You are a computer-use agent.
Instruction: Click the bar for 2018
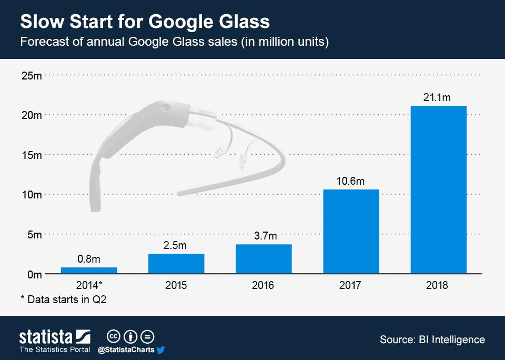pyautogui.click(x=438, y=189)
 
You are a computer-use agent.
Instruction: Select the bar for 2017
pyautogui.click(x=351, y=231)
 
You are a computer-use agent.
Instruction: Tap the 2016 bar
pyautogui.click(x=264, y=258)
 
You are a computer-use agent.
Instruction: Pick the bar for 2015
pyautogui.click(x=176, y=263)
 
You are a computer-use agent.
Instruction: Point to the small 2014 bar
pyautogui.click(x=89, y=270)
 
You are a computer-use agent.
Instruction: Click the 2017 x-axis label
pyautogui.click(x=350, y=285)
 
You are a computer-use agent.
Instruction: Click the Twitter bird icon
pyautogui.click(x=161, y=349)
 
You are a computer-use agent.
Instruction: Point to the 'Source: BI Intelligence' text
pyautogui.click(x=432, y=339)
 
